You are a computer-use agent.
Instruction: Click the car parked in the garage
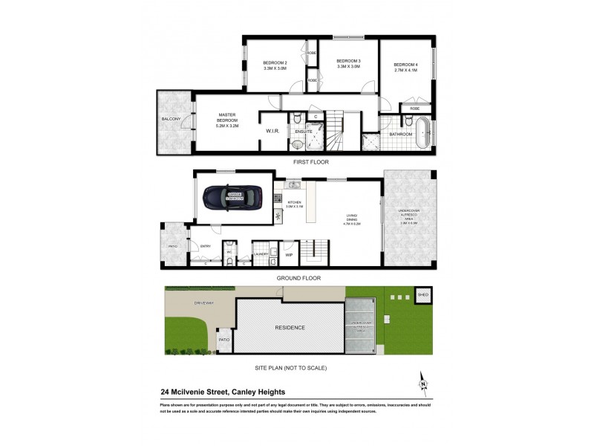(x=233, y=198)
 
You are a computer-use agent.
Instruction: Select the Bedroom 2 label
(x=275, y=65)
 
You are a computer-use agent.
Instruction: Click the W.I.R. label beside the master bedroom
(x=272, y=132)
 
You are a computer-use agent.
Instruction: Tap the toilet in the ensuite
(x=296, y=118)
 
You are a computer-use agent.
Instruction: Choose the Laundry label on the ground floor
(x=261, y=254)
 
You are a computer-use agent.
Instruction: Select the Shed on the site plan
(x=423, y=295)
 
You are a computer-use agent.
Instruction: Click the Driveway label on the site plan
(x=183, y=303)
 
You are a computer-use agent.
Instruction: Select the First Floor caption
(x=310, y=161)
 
